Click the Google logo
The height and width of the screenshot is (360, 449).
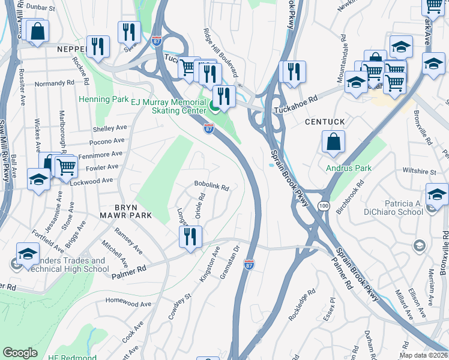[20, 353]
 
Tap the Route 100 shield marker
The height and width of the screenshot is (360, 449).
[324, 206]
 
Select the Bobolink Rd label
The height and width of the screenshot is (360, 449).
[211, 187]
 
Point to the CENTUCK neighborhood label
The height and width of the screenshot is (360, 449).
[325, 122]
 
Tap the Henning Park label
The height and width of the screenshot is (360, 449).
[95, 98]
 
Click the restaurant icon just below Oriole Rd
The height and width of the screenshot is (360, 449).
[191, 236]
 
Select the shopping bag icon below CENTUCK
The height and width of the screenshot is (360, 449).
[333, 142]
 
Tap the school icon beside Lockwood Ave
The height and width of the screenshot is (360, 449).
[39, 179]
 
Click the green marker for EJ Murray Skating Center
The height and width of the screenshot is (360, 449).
[214, 109]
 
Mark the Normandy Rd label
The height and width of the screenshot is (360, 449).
[54, 83]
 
